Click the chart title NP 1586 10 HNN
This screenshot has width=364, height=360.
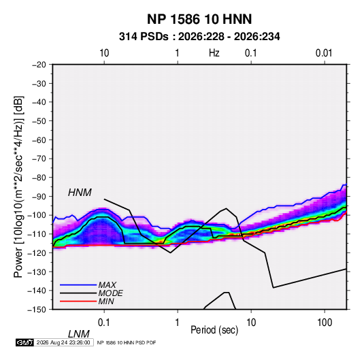199,19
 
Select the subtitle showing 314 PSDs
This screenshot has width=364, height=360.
199,37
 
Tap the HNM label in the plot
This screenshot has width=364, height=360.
80,193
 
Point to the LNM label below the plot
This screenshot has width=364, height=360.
78,334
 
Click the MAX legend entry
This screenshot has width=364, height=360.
107,284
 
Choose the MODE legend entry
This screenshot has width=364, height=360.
110,293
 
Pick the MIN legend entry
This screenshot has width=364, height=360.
106,301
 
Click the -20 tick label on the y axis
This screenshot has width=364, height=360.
39,65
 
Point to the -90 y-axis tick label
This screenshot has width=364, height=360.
39,196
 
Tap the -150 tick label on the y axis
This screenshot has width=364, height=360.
37,310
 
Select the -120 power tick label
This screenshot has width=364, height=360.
37,252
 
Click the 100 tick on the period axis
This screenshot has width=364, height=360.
325,323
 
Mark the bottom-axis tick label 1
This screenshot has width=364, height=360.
178,323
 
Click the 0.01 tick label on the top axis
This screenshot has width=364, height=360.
324,53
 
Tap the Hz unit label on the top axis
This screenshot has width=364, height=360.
214,53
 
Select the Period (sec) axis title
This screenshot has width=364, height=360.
214,330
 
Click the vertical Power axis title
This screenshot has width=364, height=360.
18,186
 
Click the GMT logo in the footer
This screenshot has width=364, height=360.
24,342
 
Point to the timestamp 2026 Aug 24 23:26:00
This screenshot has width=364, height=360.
63,342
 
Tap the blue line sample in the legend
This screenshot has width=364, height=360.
78,284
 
